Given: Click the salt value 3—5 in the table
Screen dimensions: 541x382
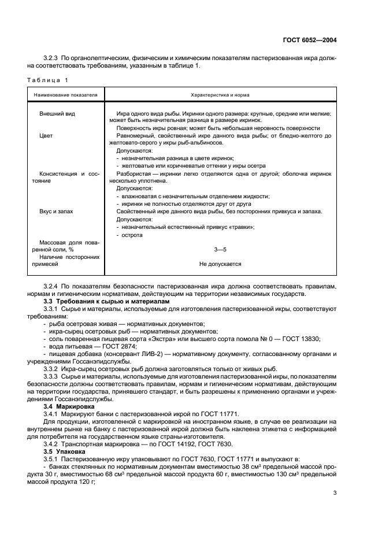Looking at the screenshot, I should click(x=220, y=249).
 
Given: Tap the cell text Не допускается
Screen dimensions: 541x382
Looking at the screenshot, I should click(x=220, y=264).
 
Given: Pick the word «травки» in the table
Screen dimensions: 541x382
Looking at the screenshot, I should click(x=242, y=227).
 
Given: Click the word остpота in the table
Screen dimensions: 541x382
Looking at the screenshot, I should click(x=132, y=235).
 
